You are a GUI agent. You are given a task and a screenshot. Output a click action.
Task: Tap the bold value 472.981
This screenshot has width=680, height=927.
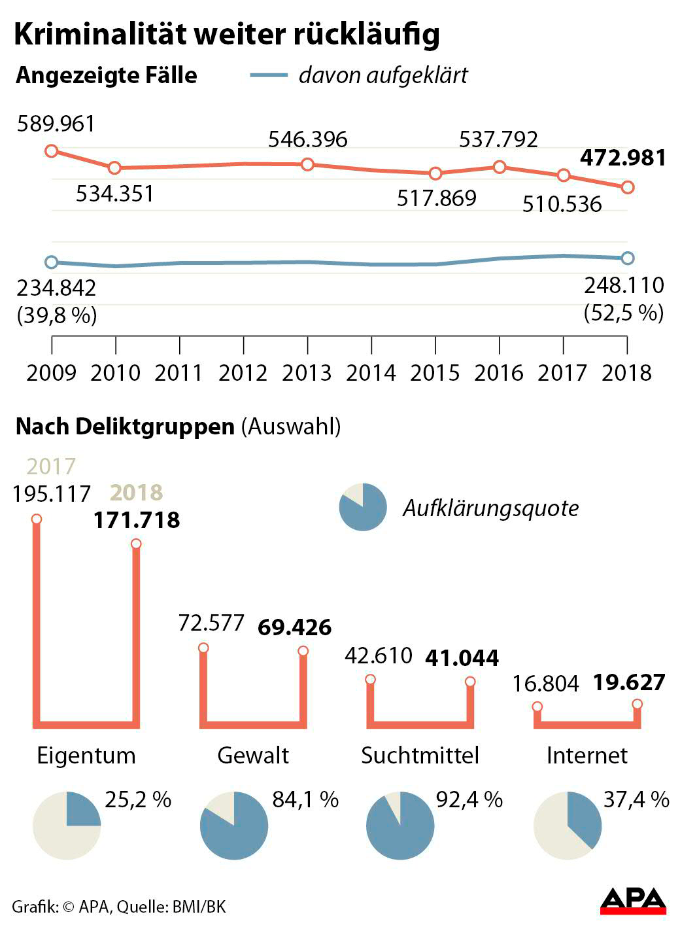(x=623, y=158)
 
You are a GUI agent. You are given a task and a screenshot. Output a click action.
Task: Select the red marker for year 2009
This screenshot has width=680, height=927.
(x=52, y=151)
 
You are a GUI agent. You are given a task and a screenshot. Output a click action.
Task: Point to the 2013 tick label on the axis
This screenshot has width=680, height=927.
(x=307, y=373)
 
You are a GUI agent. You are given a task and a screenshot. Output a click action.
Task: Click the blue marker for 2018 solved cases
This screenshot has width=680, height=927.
(x=627, y=258)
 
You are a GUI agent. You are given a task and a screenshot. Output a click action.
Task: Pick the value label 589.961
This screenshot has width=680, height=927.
(x=56, y=124)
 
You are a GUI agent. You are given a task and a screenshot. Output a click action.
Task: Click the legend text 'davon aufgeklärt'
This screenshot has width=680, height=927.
(x=383, y=75)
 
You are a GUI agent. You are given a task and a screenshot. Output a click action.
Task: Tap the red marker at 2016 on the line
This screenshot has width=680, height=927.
(x=500, y=167)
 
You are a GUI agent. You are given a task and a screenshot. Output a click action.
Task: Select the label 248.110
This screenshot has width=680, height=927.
(x=624, y=285)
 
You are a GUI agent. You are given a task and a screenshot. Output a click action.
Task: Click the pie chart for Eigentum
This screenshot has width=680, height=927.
(x=67, y=826)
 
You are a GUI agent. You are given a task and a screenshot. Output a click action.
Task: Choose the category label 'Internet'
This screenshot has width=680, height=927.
(x=586, y=756)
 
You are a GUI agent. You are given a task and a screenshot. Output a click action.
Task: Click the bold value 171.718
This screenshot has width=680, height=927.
(x=136, y=520)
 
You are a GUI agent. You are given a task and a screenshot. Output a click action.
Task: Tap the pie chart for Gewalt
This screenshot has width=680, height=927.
(x=234, y=826)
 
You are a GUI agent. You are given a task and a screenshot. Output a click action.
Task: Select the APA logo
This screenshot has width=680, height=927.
(x=633, y=901)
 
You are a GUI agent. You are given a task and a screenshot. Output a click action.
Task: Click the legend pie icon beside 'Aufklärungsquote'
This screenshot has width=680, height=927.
(x=362, y=507)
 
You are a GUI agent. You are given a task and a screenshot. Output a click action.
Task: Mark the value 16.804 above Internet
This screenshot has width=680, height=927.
(x=546, y=684)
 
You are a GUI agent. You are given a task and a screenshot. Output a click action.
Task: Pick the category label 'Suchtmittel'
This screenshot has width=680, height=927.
(x=420, y=756)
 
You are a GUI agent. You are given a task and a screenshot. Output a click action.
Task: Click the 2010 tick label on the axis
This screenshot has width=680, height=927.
(x=115, y=373)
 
